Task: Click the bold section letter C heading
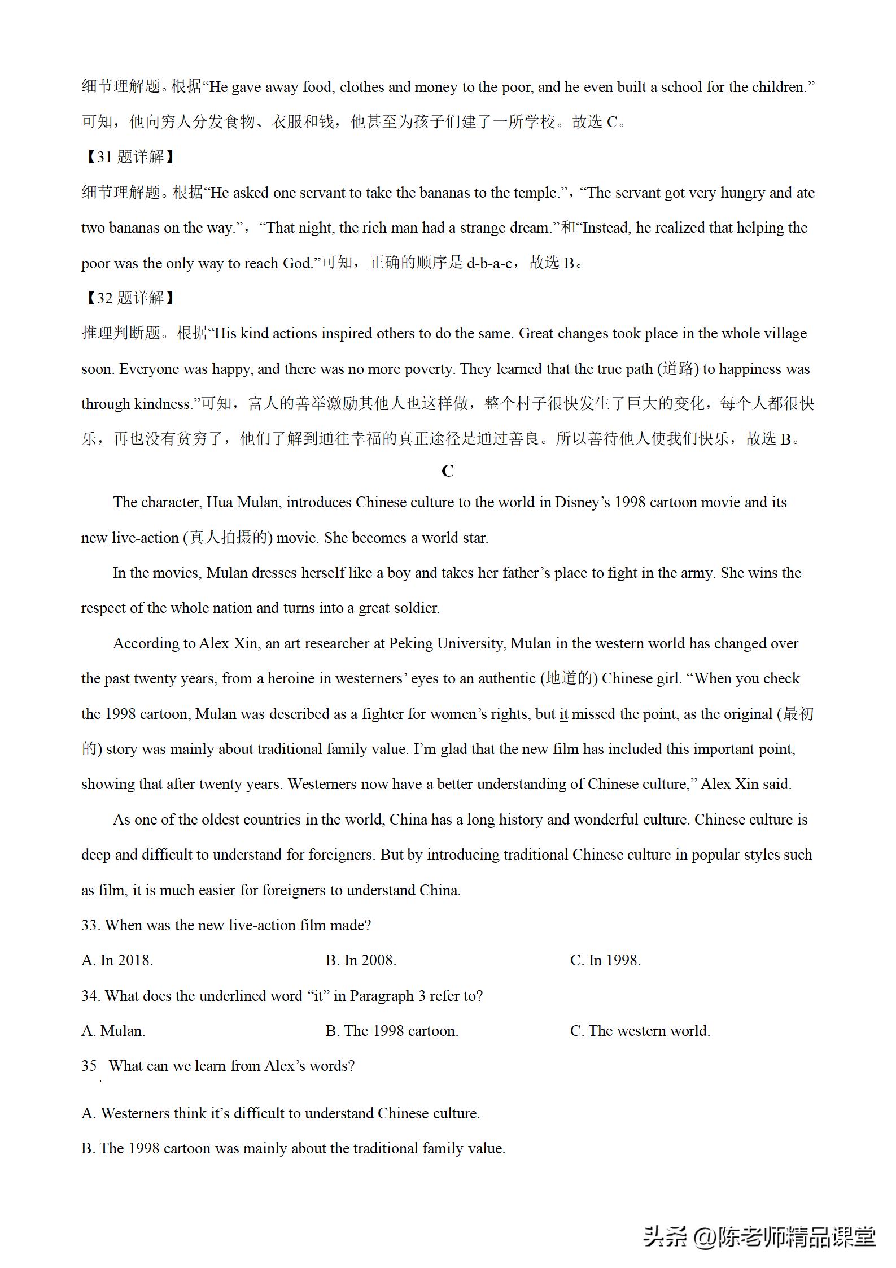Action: pyautogui.click(x=448, y=471)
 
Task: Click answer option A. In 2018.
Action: pyautogui.click(x=117, y=960)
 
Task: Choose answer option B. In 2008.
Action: pyautogui.click(x=361, y=960)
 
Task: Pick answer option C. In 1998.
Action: pyautogui.click(x=605, y=960)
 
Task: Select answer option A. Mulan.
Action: pyautogui.click(x=113, y=1031)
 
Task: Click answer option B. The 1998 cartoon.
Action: pyautogui.click(x=392, y=1031)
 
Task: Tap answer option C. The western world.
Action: pyautogui.click(x=640, y=1031)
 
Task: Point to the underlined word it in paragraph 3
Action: pyautogui.click(x=563, y=714)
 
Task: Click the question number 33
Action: pyautogui.click(x=90, y=925)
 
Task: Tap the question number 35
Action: pyautogui.click(x=89, y=1066)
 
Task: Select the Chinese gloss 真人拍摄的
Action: pyautogui.click(x=228, y=538)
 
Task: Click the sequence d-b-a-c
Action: pyautogui.click(x=489, y=263)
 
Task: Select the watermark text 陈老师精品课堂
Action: pyautogui.click(x=796, y=1237)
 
